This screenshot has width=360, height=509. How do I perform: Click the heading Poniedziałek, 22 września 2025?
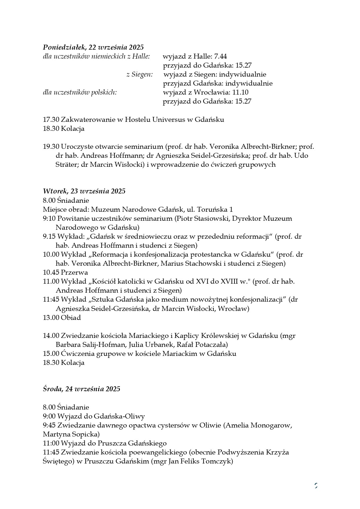[93, 47]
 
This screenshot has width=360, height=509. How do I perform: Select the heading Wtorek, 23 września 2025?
[84, 191]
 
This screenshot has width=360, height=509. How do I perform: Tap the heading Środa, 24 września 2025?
[82, 389]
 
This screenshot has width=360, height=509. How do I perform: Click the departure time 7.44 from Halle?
[220, 56]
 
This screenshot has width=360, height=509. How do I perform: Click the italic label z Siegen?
[140, 74]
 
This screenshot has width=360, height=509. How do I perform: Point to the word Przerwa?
[74, 272]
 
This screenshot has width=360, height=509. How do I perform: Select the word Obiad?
[71, 318]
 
